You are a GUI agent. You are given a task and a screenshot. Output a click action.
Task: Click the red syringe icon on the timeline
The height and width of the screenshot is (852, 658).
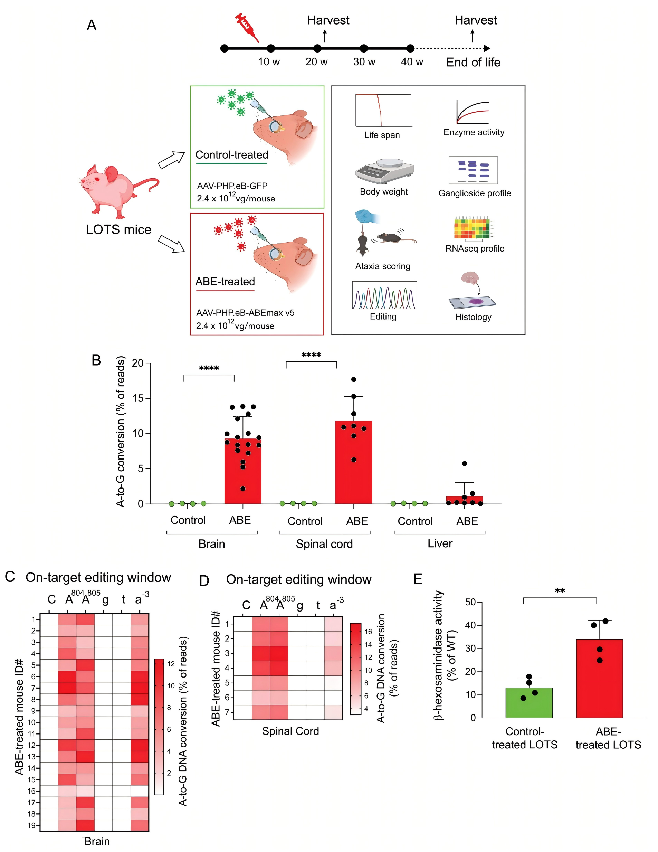pyautogui.click(x=247, y=27)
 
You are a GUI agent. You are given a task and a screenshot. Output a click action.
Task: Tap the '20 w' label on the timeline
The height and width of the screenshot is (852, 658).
pyautogui.click(x=316, y=61)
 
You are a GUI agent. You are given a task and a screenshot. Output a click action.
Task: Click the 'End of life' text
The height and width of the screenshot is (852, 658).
pyautogui.click(x=473, y=63)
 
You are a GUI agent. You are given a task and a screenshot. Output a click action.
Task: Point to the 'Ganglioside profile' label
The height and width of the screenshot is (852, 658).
pyautogui.click(x=474, y=193)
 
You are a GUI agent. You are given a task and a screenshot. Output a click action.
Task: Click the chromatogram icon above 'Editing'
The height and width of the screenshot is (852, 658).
pyautogui.click(x=384, y=295)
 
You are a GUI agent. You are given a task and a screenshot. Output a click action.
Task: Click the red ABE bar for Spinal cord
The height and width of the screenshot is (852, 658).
pyautogui.click(x=353, y=462)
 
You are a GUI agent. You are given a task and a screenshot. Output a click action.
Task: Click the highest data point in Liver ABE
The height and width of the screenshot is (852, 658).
pyautogui.click(x=464, y=463)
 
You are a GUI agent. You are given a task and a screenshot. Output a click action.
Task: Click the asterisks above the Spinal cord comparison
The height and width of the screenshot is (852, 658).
pyautogui.click(x=311, y=355)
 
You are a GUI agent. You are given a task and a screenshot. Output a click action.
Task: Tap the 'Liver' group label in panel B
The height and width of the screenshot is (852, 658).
pyautogui.click(x=440, y=543)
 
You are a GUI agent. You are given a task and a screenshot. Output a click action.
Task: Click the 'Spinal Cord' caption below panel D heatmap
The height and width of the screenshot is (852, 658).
pyautogui.click(x=290, y=731)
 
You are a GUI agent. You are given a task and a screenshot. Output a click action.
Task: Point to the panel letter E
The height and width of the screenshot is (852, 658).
pyautogui.click(x=417, y=579)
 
